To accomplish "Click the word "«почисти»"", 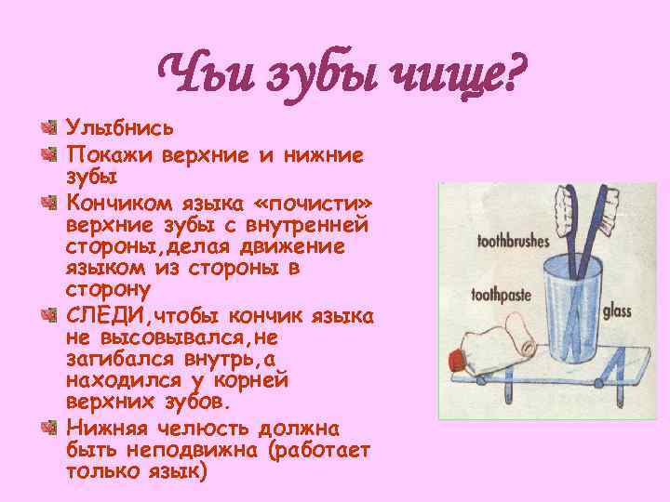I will point(303,202).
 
